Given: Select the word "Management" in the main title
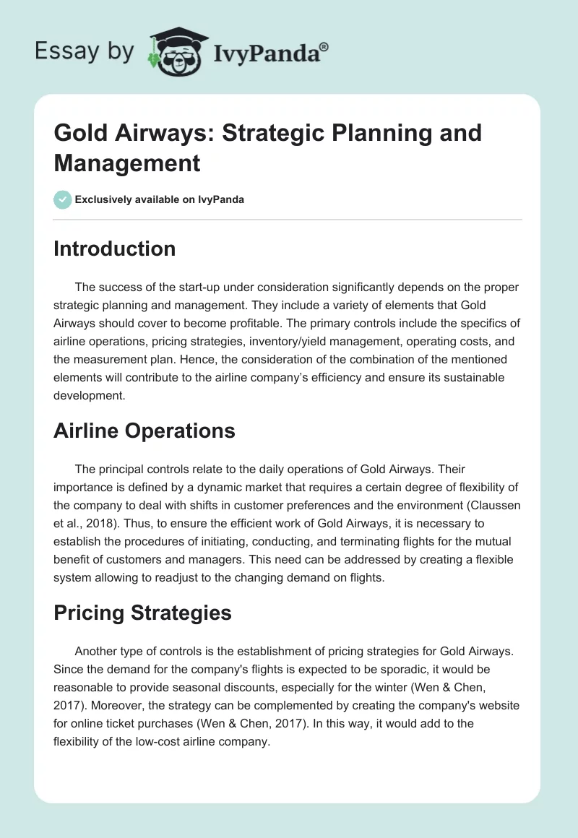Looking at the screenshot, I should pos(127,163).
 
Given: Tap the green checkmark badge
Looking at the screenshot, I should pos(62,199).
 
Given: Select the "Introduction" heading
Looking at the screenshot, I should pos(114,249).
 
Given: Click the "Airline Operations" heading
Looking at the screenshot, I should pos(144,431).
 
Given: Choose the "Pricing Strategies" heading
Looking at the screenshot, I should pos(142,613).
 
